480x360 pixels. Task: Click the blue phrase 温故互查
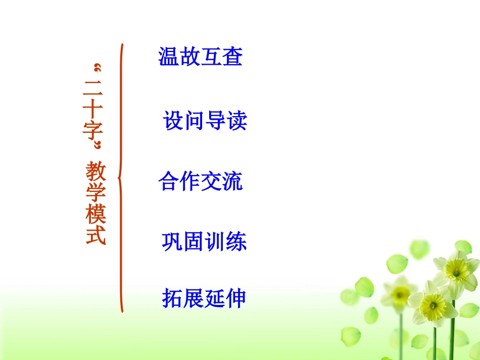tap(201, 57)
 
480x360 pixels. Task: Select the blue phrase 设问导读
tap(205, 121)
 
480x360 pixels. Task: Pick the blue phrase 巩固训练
tap(204, 242)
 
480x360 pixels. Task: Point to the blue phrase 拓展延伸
tap(204, 298)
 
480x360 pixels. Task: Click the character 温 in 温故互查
tap(169, 57)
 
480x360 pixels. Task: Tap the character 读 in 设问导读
tap(237, 121)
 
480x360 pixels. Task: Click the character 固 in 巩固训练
tap(194, 242)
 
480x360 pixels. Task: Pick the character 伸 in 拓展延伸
tap(236, 298)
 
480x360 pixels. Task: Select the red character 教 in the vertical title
tap(95, 171)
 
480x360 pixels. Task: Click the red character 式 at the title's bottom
tap(95, 234)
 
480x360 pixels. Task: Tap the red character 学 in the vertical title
tap(95, 192)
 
